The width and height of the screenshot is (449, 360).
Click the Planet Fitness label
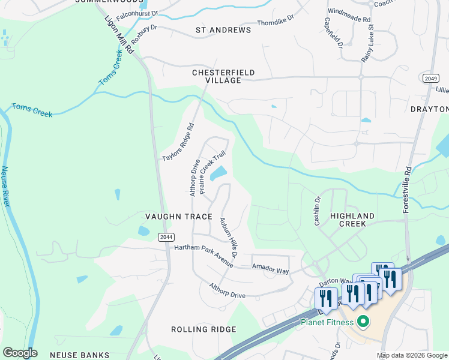(x=328, y=322)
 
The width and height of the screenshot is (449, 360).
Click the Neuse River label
(x=6, y=187)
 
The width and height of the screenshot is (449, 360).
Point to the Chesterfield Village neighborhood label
(x=223, y=76)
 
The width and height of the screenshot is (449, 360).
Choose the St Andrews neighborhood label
(x=223, y=30)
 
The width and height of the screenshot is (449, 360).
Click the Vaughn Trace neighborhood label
(x=179, y=216)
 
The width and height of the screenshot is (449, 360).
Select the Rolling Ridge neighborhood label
(x=203, y=329)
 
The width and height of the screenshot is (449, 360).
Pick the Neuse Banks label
(x=80, y=355)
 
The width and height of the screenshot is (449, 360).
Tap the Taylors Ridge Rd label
(x=179, y=142)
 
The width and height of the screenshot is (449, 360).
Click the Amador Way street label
(x=270, y=271)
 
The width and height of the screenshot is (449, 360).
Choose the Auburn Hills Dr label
(x=228, y=238)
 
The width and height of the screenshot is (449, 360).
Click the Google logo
(x=20, y=353)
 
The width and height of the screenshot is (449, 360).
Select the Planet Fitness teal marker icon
(x=362, y=322)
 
